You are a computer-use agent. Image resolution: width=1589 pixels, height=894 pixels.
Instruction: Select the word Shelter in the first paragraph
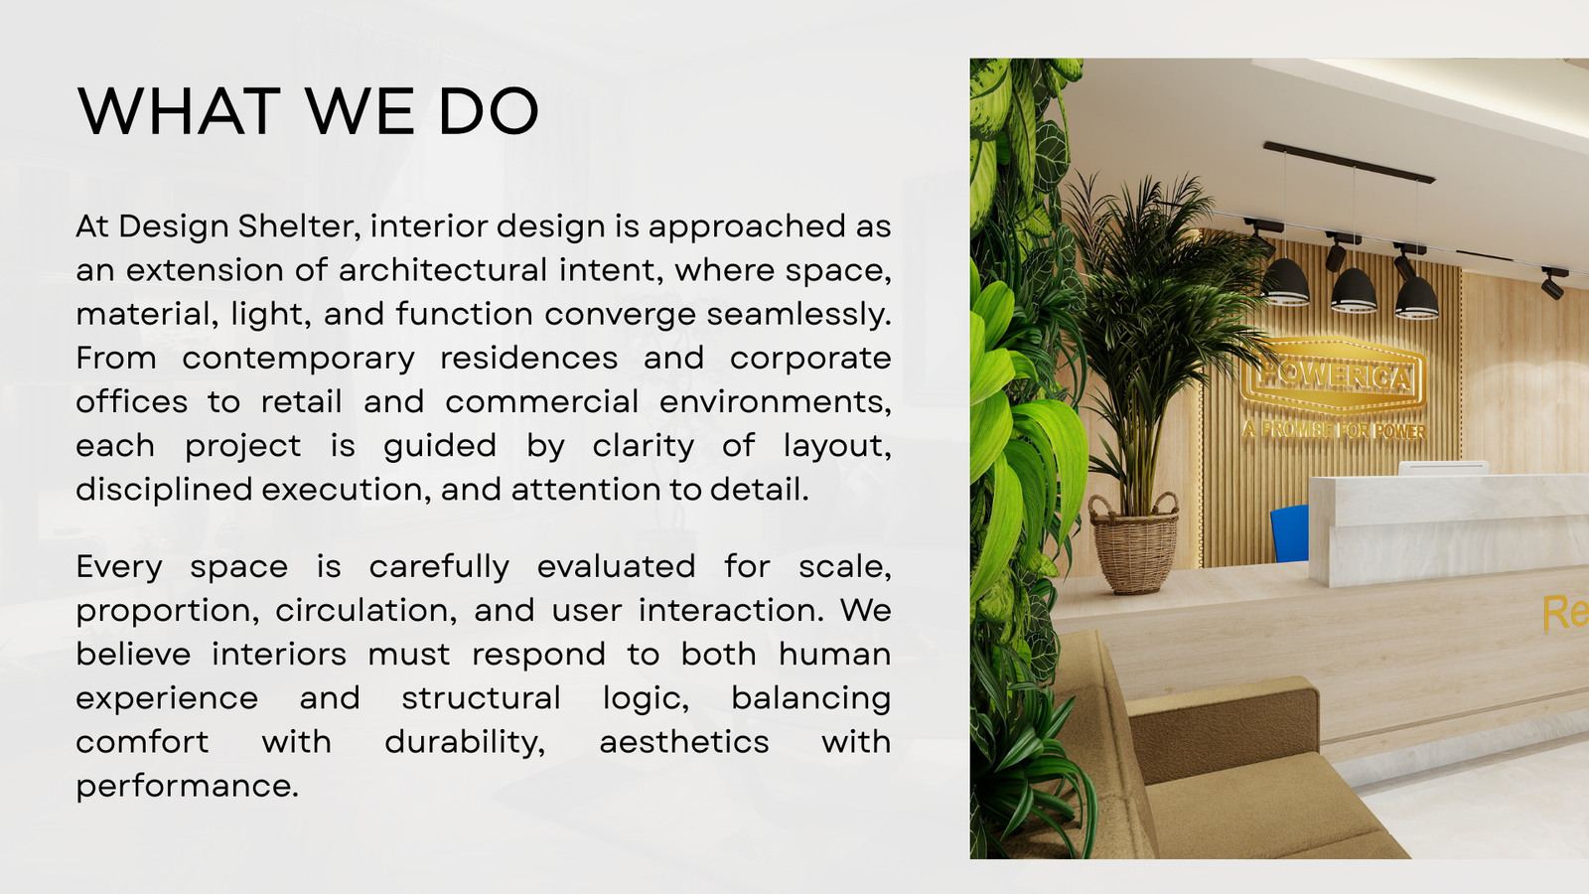tap(295, 226)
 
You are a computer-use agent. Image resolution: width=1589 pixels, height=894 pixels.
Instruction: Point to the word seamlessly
tap(798, 314)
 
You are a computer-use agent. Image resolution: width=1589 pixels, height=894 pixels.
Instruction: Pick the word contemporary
tap(299, 359)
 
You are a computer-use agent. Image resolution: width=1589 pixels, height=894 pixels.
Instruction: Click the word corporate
tap(810, 359)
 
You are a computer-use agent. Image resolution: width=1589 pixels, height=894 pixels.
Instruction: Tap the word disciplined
tap(164, 490)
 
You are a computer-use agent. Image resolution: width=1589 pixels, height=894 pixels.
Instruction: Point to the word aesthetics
tap(684, 742)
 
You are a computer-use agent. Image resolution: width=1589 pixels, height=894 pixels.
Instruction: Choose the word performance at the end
tap(188, 787)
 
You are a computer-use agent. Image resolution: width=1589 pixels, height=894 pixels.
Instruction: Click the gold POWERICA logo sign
tap(1334, 375)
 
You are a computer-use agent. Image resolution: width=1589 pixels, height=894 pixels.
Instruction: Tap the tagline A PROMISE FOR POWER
tap(1334, 430)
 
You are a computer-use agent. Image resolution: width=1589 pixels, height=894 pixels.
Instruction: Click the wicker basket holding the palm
tap(1133, 544)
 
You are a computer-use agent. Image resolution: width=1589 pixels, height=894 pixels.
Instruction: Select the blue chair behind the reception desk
tap(1290, 533)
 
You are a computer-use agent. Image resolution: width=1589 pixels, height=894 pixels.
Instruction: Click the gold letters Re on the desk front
tap(1565, 613)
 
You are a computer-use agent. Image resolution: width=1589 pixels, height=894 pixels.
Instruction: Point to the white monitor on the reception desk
tap(1443, 468)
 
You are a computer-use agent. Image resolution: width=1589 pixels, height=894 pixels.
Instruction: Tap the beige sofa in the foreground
tap(1206, 766)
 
